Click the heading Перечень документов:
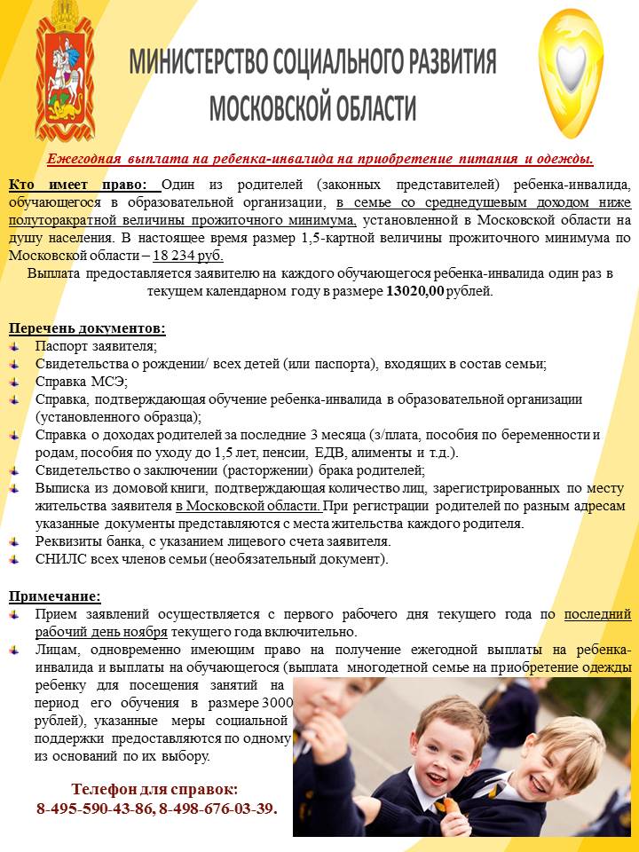(x=87, y=328)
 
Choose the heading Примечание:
(x=55, y=596)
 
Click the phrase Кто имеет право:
(x=84, y=184)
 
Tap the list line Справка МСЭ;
(x=82, y=382)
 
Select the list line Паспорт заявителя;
(x=96, y=346)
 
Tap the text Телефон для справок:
(x=154, y=789)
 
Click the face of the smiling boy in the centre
(x=448, y=745)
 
